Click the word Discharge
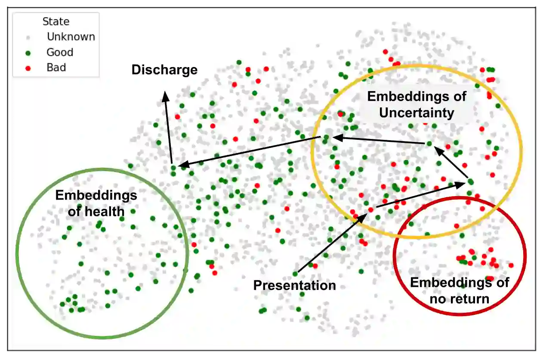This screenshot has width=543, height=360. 164,70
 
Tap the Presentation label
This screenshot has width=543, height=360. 294,285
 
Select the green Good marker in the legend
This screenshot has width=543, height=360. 28,53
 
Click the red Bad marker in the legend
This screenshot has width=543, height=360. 28,68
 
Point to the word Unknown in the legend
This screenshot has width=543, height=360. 71,37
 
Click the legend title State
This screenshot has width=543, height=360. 56,22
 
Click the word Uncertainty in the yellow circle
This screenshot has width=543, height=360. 417,113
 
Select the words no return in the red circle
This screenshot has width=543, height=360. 460,298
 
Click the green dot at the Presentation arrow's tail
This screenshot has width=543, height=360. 295,274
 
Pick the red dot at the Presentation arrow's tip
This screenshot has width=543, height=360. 371,209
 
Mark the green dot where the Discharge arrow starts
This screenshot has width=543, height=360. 173,168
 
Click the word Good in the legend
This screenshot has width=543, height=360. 60,52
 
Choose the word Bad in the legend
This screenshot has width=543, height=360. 56,68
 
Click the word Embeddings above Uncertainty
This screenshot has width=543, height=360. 417,96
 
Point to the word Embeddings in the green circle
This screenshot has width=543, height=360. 96,196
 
